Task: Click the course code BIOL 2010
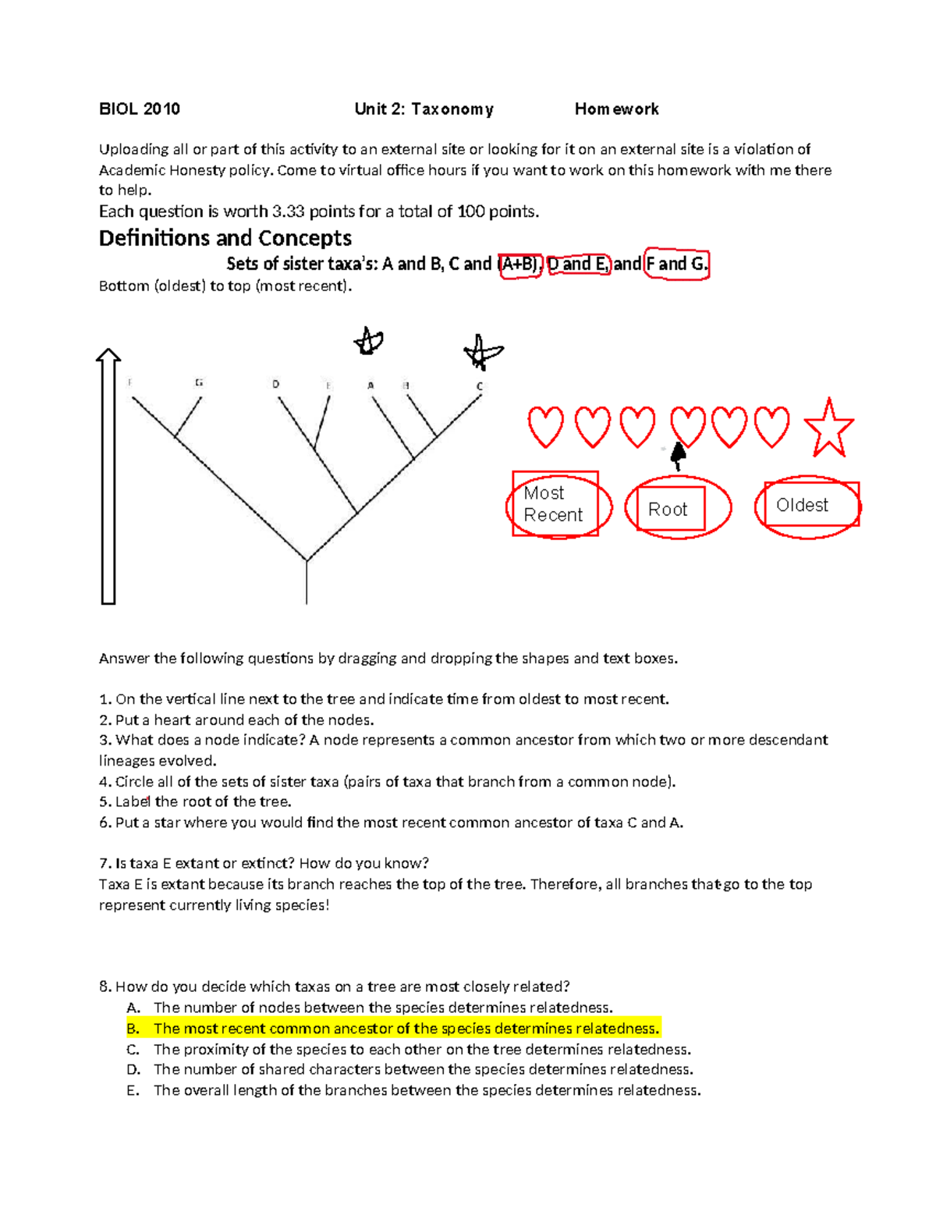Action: point(139,109)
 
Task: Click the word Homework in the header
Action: point(616,109)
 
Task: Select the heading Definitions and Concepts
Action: point(225,238)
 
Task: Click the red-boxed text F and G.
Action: point(676,264)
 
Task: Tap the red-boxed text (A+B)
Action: point(519,265)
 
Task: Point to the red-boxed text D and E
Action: point(578,265)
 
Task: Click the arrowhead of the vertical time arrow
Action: point(108,357)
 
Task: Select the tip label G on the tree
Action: point(200,382)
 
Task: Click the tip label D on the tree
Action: point(275,384)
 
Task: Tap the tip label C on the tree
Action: point(480,386)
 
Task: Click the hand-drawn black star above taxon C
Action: point(482,352)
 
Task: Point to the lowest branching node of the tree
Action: point(307,560)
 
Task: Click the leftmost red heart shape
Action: point(545,427)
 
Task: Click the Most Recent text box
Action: point(554,504)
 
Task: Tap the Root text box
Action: point(669,509)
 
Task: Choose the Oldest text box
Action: point(803,505)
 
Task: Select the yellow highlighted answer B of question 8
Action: point(406,1029)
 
